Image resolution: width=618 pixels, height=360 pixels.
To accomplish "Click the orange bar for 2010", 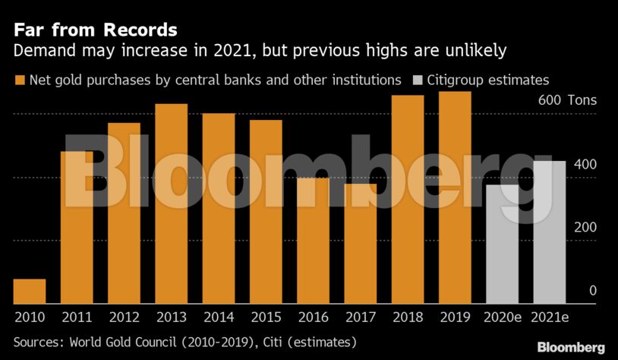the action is (30, 292).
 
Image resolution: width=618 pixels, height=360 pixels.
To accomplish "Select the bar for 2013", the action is (172, 204).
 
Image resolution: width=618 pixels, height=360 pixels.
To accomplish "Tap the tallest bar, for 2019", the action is (455, 197).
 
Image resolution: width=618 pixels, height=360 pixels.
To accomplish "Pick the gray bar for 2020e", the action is (502, 245).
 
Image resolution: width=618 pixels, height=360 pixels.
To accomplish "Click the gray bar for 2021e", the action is (550, 232).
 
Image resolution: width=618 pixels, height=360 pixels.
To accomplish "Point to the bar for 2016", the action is (314, 241).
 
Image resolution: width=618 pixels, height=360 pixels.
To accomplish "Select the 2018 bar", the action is (408, 200).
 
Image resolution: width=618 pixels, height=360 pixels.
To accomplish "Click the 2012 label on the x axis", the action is (125, 317).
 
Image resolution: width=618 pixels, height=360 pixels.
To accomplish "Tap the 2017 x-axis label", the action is (361, 317).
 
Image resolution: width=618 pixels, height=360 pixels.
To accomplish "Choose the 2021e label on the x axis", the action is (550, 317).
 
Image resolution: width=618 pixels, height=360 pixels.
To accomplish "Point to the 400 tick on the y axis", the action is (585, 164).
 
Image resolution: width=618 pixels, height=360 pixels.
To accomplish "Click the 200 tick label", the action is (585, 228).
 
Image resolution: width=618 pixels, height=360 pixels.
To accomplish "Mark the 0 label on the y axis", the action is (593, 291).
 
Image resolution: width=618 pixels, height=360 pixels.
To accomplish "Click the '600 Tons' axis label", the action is (568, 100).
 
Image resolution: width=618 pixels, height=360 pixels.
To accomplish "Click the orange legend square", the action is (20, 81).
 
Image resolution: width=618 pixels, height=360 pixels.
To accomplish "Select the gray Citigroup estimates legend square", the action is (418, 81).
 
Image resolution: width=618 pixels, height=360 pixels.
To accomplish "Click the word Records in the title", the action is (140, 30).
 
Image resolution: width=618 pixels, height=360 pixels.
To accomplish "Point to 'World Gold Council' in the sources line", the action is (123, 342).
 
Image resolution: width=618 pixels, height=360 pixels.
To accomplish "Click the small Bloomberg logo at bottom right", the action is (571, 347).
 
